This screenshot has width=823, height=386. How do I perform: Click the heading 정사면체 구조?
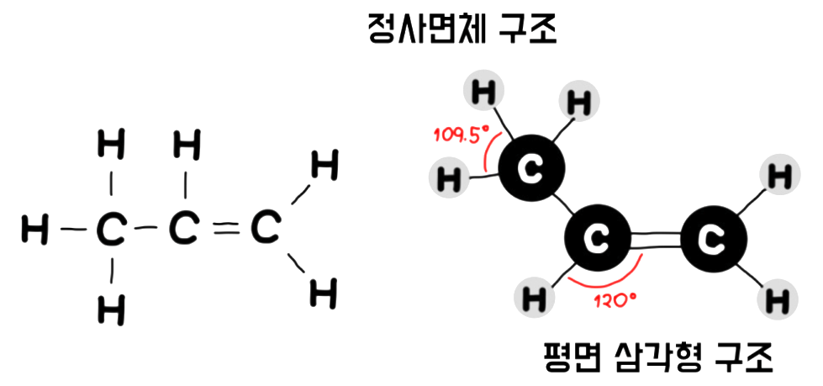[x=462, y=32]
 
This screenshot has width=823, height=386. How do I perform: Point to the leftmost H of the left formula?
[x=34, y=230]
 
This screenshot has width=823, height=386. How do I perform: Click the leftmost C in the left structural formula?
[x=109, y=230]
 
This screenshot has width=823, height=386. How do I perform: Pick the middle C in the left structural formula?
[x=185, y=229]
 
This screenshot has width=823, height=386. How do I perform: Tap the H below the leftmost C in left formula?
[x=110, y=309]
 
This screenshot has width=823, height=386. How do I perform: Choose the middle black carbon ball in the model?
[x=597, y=242]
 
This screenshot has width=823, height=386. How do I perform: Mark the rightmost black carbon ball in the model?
[x=713, y=242]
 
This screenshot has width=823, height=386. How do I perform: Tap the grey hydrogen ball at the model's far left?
[x=449, y=178]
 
